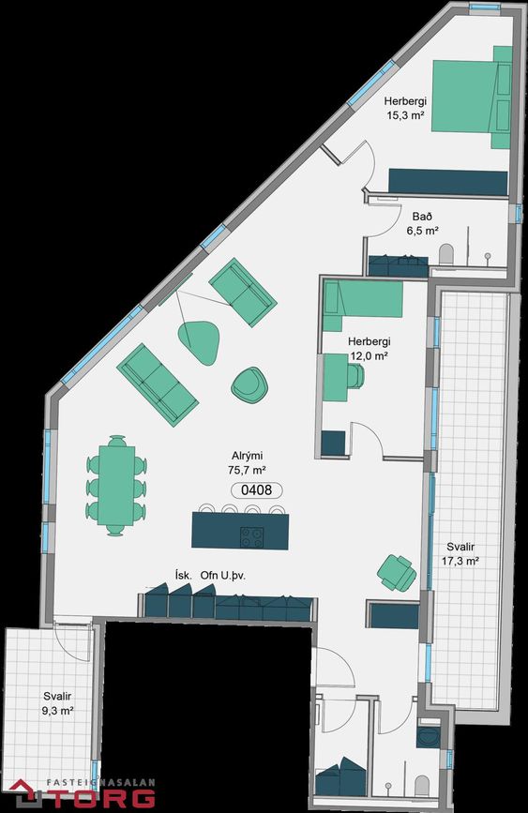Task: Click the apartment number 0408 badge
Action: tap(257, 490)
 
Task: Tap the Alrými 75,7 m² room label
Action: tap(247, 463)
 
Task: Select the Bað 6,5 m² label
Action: tap(423, 223)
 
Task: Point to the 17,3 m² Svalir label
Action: tap(460, 554)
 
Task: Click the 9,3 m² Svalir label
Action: tap(57, 703)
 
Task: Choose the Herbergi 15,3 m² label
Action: tap(405, 108)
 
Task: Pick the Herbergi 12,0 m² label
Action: tap(369, 349)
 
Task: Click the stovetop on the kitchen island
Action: tap(251, 536)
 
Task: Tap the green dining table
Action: tap(116, 486)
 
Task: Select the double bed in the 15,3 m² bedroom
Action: tap(472, 97)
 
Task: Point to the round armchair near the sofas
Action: tap(249, 384)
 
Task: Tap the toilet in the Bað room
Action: tap(446, 255)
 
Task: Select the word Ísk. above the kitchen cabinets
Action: tap(184, 575)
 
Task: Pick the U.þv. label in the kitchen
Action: tap(233, 576)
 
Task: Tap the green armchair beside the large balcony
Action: tap(397, 572)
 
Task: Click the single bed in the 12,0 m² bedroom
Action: tap(363, 298)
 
